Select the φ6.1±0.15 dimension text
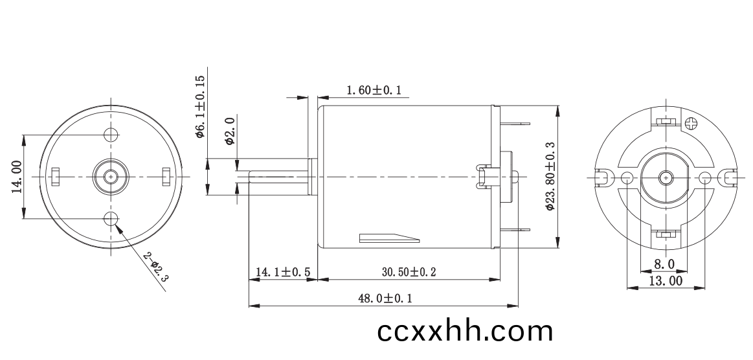[x=200, y=107]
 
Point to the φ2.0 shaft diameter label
[x=229, y=130]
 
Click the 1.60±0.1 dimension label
[x=374, y=90]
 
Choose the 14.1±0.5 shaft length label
[x=283, y=272]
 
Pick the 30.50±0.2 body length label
[x=409, y=272]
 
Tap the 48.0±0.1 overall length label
[x=385, y=298]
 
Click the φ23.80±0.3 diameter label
[x=550, y=176]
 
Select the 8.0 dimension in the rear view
[x=665, y=264]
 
